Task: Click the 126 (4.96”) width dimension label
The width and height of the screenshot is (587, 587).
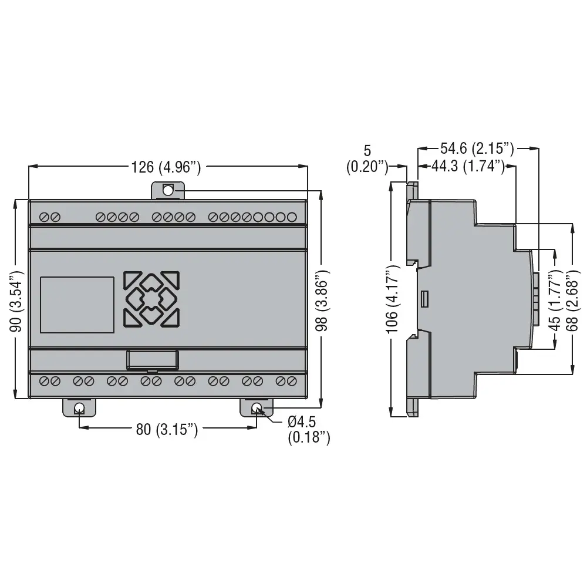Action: [166, 167]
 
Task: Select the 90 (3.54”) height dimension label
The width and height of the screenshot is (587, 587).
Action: [17, 301]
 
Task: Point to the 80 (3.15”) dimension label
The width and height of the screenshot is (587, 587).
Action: [167, 429]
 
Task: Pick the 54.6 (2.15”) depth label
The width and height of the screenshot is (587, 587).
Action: [477, 149]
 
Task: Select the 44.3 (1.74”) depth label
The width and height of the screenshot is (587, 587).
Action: [468, 166]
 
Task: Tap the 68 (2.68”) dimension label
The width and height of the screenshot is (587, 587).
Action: [572, 302]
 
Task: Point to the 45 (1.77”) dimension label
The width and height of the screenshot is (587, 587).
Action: [555, 302]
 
